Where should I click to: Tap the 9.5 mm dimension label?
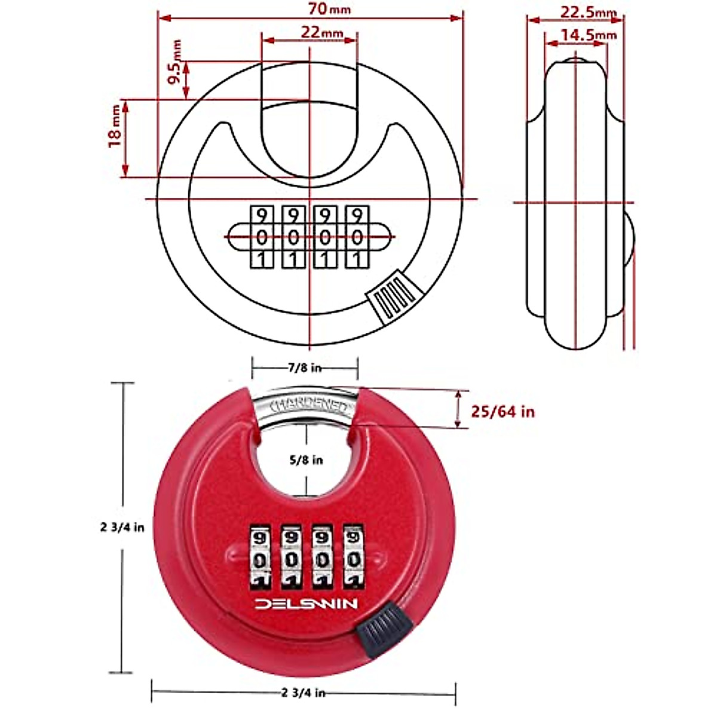click(176, 63)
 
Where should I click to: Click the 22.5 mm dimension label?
click(587, 11)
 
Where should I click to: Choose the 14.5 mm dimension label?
click(588, 35)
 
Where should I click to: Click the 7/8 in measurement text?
click(304, 367)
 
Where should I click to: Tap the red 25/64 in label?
click(502, 411)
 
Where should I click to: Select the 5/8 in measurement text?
click(306, 459)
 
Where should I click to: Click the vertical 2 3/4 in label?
click(122, 528)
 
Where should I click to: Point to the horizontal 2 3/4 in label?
click(303, 693)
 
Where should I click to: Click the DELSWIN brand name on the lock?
click(307, 604)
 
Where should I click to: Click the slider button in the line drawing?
click(393, 297)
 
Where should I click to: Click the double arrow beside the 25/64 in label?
click(458, 409)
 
